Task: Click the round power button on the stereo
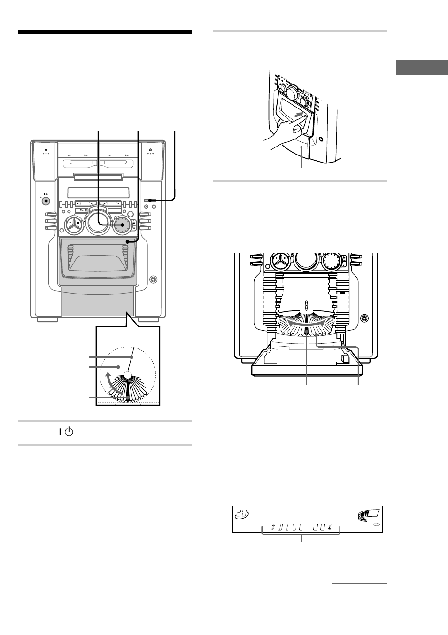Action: tap(46, 201)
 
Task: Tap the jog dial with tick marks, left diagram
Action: tap(122, 225)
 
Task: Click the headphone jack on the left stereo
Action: tap(152, 280)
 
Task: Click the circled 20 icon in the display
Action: tap(241, 515)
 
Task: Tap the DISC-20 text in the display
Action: tap(301, 527)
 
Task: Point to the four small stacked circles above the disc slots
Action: tap(306, 305)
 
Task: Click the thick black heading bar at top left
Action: tap(105, 32)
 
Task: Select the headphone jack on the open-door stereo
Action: tap(364, 318)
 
